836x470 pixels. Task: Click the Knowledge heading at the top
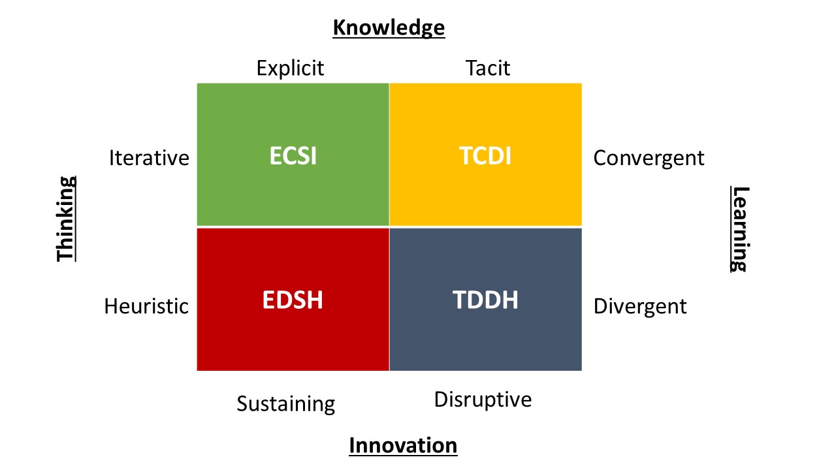pos(389,28)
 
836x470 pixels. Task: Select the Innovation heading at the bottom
pos(403,445)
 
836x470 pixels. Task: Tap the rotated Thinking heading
pos(66,219)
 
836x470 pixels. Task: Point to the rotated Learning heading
pos(740,229)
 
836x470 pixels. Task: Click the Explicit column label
pos(291,69)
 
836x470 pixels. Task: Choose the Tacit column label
pos(488,69)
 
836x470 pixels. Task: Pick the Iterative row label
pos(149,158)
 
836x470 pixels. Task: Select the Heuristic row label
pos(146,306)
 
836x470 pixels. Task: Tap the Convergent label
pos(649,159)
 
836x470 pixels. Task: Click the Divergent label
pos(640,307)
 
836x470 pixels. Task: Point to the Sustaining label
pos(286,404)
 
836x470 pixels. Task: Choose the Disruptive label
pos(483,400)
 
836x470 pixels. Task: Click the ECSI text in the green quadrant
pos(293,155)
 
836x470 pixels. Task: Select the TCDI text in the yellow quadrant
pos(485,155)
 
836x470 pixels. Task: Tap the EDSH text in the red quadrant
pos(293,300)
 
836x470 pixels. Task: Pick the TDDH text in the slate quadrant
pos(485,300)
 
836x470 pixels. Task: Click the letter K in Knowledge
pos(340,27)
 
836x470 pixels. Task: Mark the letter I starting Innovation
pos(352,445)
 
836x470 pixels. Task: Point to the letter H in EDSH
pos(315,300)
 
